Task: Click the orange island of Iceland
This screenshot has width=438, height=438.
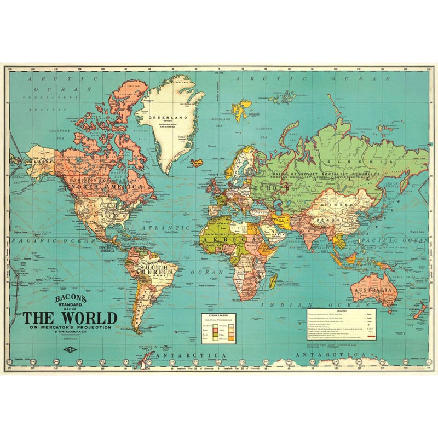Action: pyautogui.click(x=197, y=163)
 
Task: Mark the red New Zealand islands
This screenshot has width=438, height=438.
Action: pyautogui.click(x=420, y=312)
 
